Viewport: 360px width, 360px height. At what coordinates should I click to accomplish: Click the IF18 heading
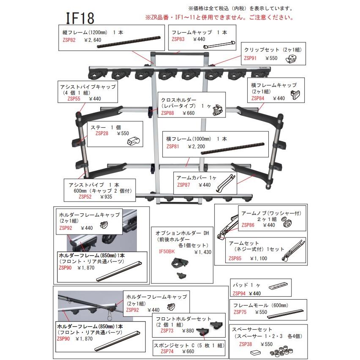tap(79, 18)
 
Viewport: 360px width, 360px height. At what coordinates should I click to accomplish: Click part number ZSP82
tap(69, 40)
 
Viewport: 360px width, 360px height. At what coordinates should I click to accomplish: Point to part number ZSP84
tap(258, 98)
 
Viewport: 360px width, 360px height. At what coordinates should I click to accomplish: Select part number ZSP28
tap(102, 133)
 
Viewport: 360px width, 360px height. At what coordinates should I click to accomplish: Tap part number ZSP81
tap(174, 146)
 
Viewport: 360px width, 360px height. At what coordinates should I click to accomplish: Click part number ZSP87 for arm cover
tap(185, 185)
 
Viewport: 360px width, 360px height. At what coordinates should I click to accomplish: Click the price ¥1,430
tap(202, 252)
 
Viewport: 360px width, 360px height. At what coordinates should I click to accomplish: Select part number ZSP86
tap(249, 225)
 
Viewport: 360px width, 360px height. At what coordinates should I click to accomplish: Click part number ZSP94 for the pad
tap(240, 293)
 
